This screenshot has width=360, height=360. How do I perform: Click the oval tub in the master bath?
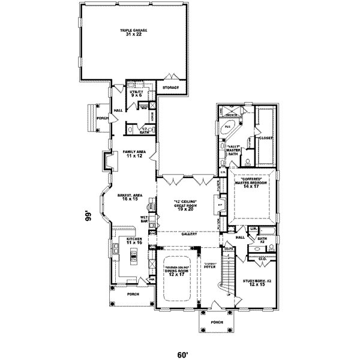click(x=228, y=128)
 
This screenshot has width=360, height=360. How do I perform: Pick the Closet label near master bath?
click(x=266, y=138)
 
